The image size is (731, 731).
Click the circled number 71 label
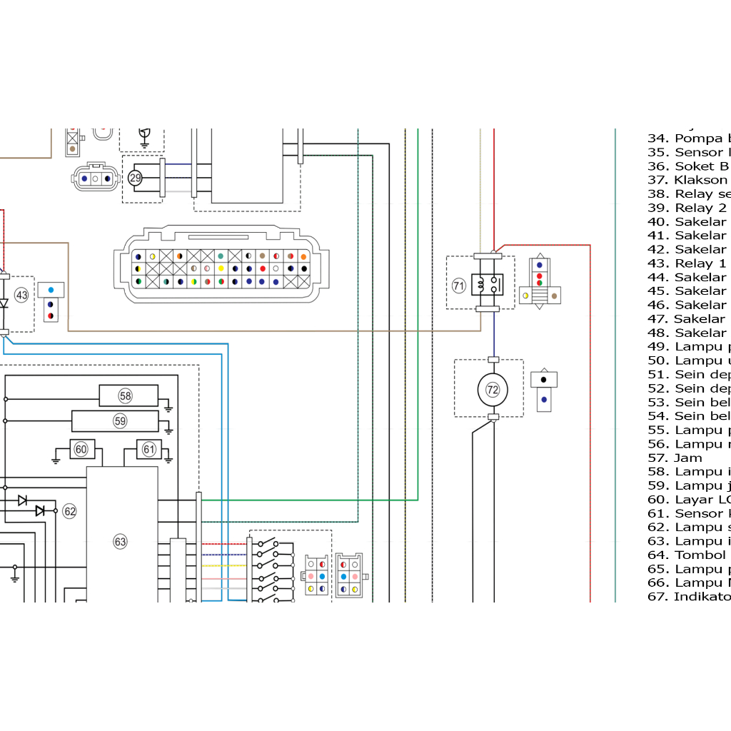(458, 286)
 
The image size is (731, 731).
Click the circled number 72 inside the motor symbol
(493, 390)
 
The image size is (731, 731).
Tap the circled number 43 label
(21, 295)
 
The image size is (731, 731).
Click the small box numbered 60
(81, 449)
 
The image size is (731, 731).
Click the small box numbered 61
(148, 449)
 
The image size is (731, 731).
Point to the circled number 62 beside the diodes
(69, 511)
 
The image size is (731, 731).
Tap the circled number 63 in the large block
(120, 542)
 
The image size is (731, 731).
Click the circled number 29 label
(135, 178)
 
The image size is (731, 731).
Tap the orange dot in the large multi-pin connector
(303, 256)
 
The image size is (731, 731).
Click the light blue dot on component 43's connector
(51, 290)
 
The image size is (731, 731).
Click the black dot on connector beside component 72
(544, 379)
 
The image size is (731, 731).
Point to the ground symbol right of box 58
(168, 408)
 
